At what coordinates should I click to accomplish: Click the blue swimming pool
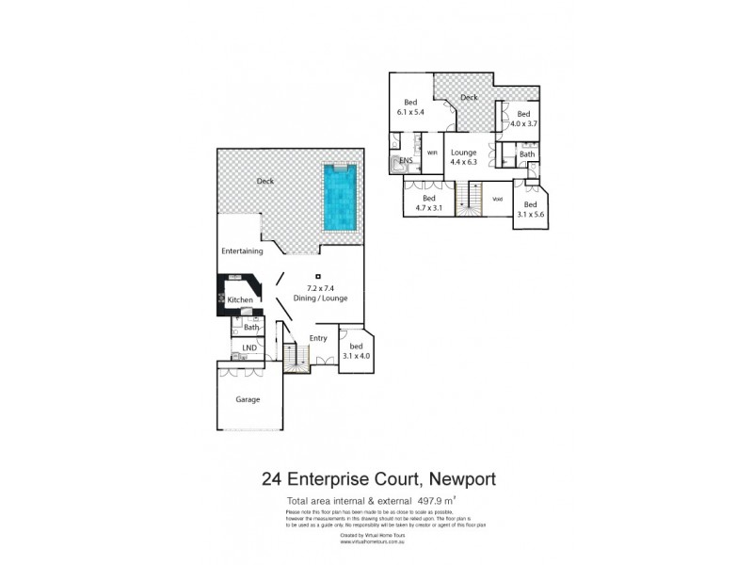pos(340,199)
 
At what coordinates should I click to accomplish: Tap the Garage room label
pos(248,399)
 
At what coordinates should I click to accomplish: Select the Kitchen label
pos(241,299)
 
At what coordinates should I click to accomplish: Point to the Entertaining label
pos(242,251)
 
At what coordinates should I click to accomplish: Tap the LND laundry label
pos(248,348)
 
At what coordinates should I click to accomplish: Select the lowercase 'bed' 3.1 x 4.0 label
pos(354,350)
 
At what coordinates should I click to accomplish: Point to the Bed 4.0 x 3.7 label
pos(523,120)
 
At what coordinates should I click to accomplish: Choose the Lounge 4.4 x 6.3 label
pos(464,157)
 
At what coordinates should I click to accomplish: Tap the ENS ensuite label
pos(407,161)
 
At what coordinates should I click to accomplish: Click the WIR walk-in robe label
pos(433,153)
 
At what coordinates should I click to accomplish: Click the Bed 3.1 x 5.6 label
pos(531,210)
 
